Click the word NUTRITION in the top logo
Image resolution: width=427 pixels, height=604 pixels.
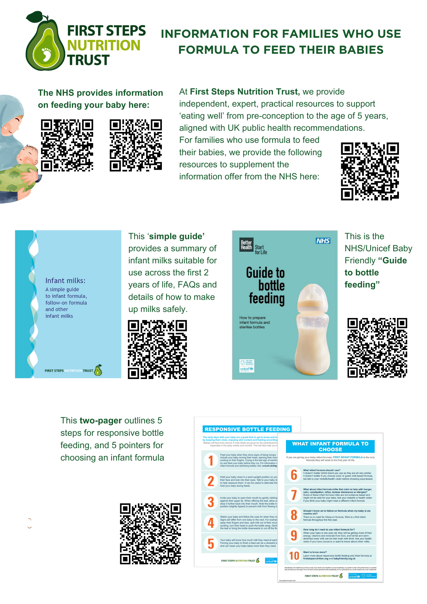point(104,45)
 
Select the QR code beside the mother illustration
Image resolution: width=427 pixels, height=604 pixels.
point(67,145)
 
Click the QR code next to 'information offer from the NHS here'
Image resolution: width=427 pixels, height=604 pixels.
point(370,171)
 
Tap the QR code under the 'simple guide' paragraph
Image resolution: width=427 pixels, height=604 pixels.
point(157,349)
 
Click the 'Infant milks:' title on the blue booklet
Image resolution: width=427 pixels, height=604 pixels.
point(65,281)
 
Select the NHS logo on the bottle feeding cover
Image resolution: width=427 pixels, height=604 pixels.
point(323,241)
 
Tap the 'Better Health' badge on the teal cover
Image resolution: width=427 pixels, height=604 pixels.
point(246,245)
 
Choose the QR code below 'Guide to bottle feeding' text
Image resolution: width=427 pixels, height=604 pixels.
point(377,348)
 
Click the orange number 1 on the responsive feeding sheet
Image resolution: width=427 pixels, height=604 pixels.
point(211,461)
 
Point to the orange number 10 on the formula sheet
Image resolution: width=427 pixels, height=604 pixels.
point(294,556)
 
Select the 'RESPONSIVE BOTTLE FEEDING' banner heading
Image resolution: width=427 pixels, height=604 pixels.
point(247,429)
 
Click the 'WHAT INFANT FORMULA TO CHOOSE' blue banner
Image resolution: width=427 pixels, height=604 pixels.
point(330,446)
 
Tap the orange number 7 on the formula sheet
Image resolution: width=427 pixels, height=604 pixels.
point(294,495)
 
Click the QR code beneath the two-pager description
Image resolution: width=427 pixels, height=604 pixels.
point(150,534)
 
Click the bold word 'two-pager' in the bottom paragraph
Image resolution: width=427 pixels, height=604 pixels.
point(101,420)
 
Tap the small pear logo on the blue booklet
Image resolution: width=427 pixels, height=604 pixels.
point(98,370)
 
